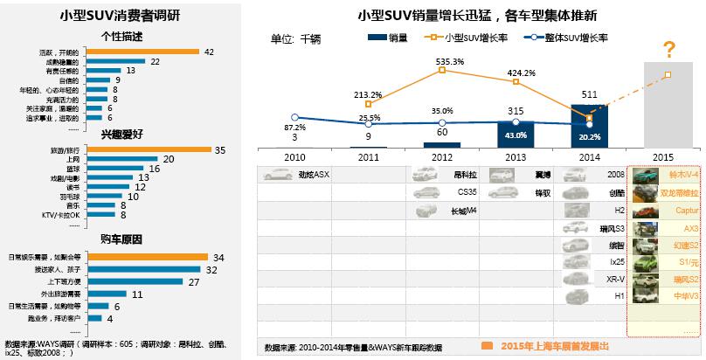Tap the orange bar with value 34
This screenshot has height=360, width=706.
(145, 257)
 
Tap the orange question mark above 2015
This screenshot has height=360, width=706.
(669, 49)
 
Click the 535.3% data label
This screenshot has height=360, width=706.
(450, 61)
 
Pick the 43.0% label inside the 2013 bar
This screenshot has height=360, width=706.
(516, 135)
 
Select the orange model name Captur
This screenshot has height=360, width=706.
(685, 211)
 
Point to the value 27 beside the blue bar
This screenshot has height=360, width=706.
(194, 281)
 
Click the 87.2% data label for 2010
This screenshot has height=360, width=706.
(294, 128)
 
